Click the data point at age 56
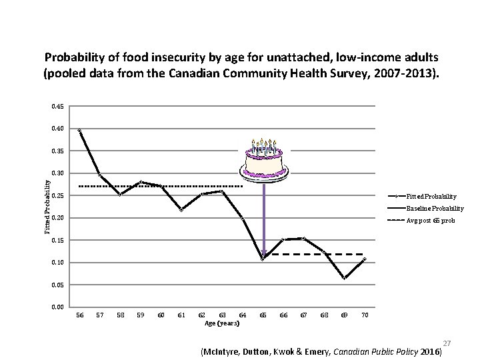click(x=79, y=131)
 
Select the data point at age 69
click(x=344, y=278)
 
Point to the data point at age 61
click(x=181, y=209)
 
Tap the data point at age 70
click(x=364, y=259)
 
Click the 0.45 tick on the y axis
click(x=57, y=106)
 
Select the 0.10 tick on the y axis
click(x=57, y=263)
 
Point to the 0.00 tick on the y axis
click(x=57, y=307)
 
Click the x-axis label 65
click(x=263, y=315)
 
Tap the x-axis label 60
click(x=161, y=315)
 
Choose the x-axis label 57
click(x=99, y=315)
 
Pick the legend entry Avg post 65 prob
click(x=433, y=220)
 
